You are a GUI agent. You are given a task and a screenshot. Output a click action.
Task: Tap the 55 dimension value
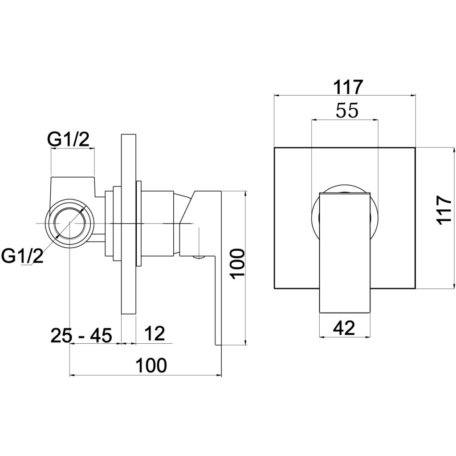347,111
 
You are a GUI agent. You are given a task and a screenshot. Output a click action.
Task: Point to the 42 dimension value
344,328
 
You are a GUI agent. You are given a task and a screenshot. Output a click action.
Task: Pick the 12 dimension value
155,334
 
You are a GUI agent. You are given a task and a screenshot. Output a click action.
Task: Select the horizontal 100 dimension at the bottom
151,366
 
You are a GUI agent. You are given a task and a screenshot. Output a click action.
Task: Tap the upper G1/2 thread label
69,140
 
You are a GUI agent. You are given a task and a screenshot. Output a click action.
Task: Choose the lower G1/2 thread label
22,256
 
